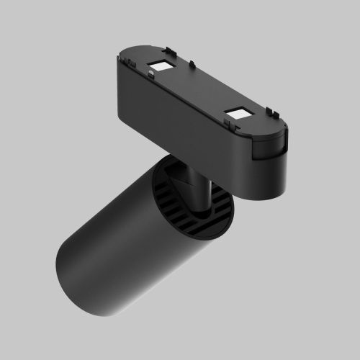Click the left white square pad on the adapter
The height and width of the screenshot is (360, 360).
pos(160,66)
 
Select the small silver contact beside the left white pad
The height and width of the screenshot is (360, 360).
pos(153,72)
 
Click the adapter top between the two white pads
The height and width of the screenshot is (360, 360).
pos(198,90)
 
